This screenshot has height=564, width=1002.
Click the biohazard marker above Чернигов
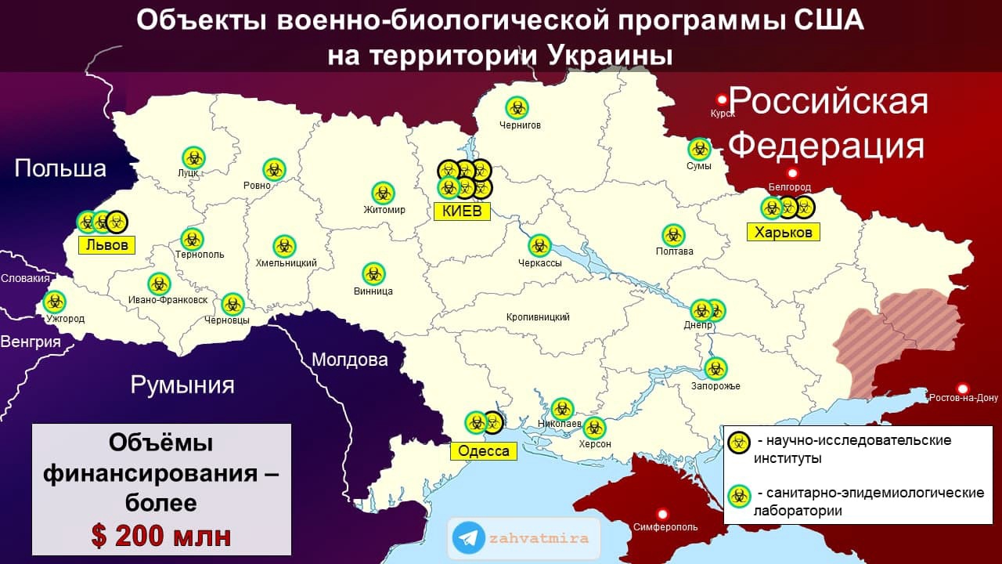tap(517, 107)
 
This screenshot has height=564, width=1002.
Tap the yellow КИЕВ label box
tap(462, 211)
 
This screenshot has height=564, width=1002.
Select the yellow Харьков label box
tap(784, 232)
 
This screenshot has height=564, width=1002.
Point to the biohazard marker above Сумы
tap(699, 149)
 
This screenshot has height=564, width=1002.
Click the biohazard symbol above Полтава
tap(673, 235)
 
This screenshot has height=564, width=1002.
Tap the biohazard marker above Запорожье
tap(715, 368)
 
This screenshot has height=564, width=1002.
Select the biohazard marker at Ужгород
tap(54, 302)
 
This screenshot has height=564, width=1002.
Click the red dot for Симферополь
tap(663, 514)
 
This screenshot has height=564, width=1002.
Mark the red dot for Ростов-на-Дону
tap(963, 389)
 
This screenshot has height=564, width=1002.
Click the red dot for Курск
tap(722, 99)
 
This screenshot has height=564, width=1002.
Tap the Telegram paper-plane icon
tap(468, 538)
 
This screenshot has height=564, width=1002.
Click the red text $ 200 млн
tap(161, 536)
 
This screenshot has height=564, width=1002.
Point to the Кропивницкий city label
tap(538, 317)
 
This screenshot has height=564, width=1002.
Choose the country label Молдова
tap(349, 360)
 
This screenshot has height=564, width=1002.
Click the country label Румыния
tap(182, 385)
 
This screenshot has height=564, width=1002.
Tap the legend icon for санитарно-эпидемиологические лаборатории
tap(739, 496)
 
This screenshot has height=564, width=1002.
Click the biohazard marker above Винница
tap(373, 274)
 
